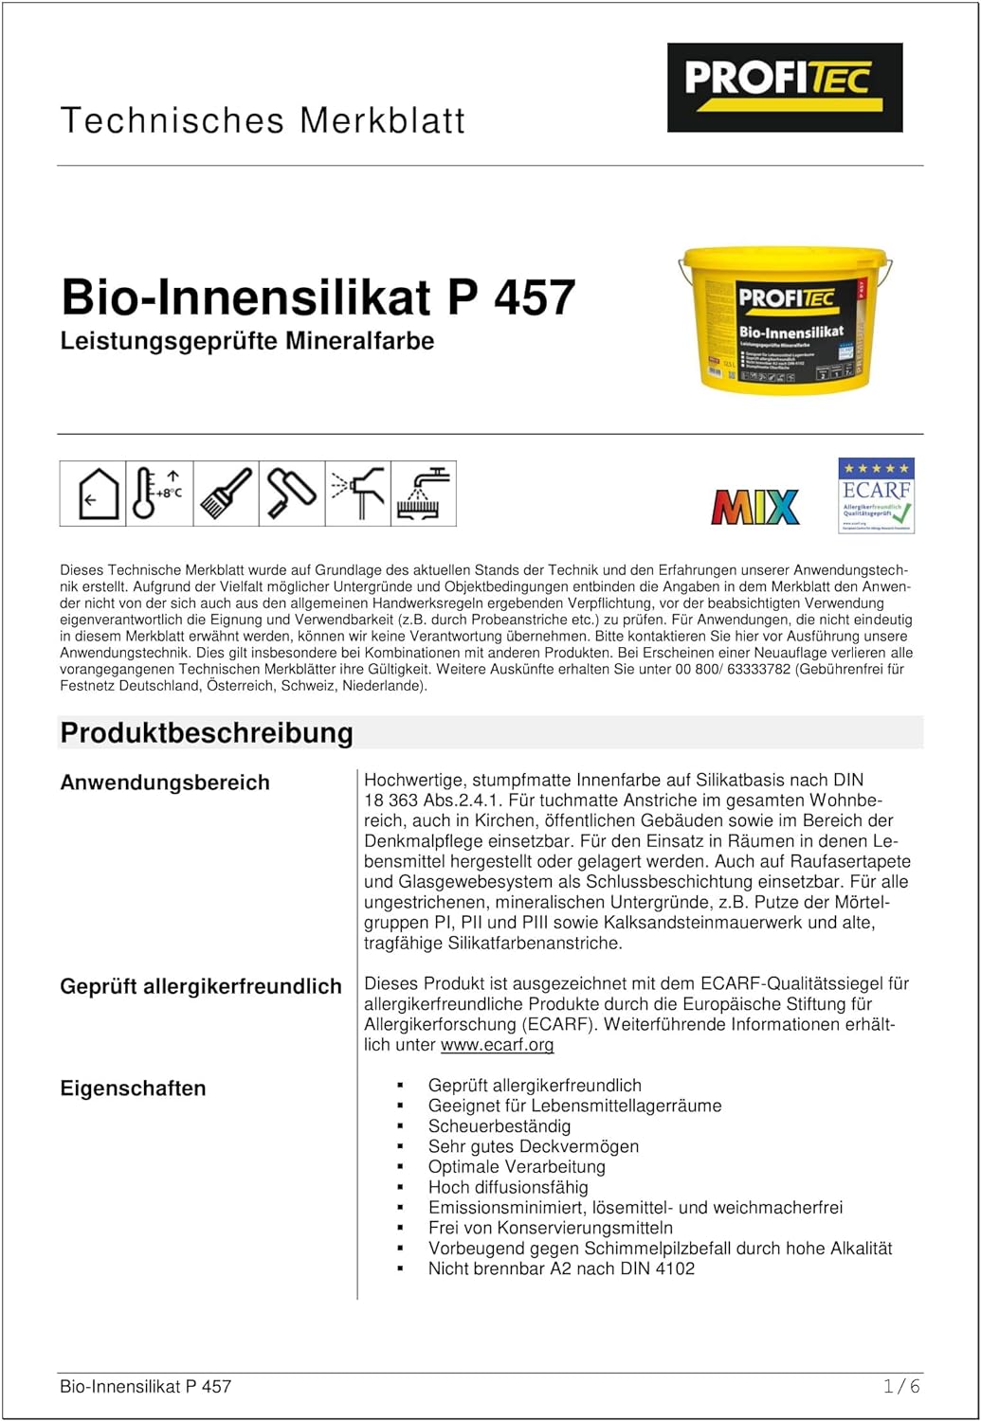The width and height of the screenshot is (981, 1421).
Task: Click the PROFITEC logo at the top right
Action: tap(785, 87)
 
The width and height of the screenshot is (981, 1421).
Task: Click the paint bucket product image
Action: tap(785, 320)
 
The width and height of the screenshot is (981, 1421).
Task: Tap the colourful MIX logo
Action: tap(755, 507)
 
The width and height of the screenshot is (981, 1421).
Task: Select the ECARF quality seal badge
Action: tap(876, 495)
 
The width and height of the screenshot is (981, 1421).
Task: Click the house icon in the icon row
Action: tap(93, 494)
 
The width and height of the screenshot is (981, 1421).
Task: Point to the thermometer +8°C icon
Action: tap(158, 494)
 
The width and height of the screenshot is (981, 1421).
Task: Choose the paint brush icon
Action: tap(226, 494)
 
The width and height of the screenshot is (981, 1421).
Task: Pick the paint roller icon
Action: tap(291, 494)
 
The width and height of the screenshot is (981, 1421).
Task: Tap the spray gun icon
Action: tap(357, 494)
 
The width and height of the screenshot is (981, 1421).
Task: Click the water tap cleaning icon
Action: tap(424, 494)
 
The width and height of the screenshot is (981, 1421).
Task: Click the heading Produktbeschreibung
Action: tap(207, 733)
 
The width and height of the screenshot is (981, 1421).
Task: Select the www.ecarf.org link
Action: tap(497, 1045)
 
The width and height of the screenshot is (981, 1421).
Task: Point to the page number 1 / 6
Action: tap(901, 1387)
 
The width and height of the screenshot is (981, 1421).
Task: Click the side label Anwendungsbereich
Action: tap(165, 782)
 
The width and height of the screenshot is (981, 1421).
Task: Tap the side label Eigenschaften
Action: tap(133, 1088)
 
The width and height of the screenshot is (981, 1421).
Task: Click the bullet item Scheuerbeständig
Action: tap(499, 1126)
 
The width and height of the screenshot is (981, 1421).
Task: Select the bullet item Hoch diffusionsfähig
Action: tap(508, 1188)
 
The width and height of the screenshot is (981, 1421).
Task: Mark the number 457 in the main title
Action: tap(535, 298)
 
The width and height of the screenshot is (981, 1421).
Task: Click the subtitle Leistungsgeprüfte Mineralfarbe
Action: tap(246, 341)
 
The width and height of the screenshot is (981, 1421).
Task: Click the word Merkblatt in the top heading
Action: tap(382, 121)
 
